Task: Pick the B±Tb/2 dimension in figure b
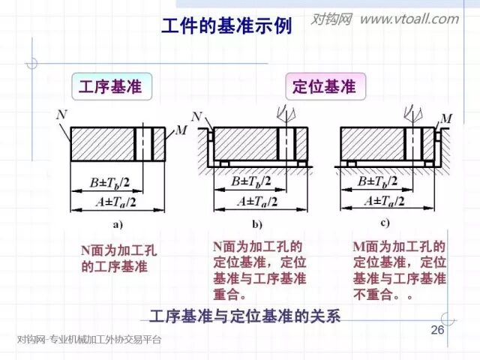251,181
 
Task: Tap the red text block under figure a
119,258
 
